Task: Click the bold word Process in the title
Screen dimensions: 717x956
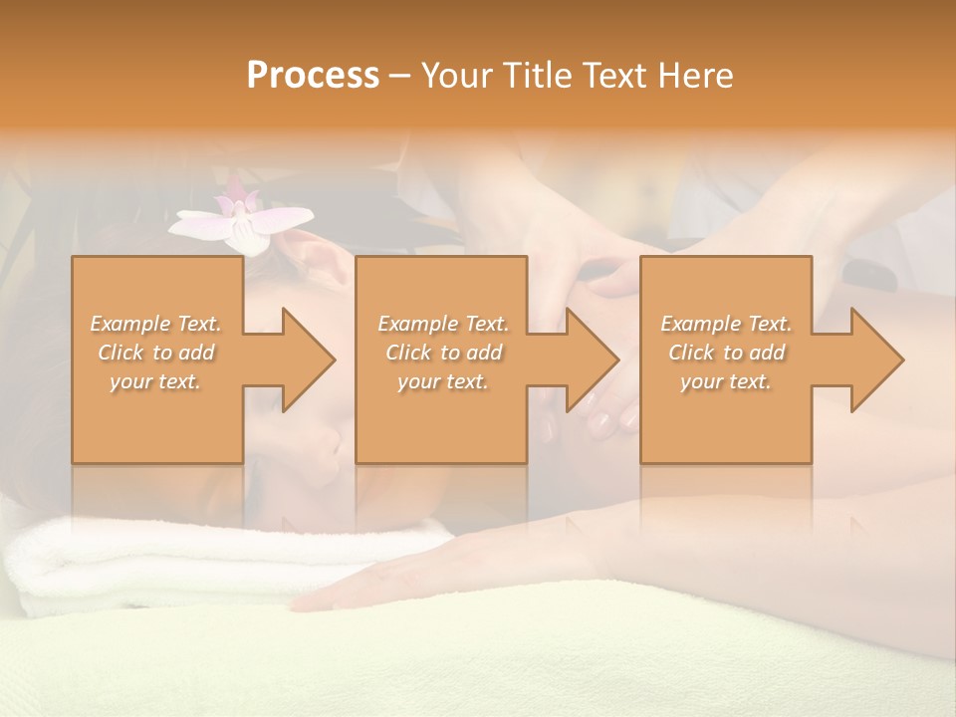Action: coord(313,76)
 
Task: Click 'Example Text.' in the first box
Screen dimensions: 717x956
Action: coord(155,324)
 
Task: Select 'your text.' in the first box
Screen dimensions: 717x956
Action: coord(155,381)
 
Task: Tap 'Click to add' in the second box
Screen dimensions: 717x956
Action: coord(443,353)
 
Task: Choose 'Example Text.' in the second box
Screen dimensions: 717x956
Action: coord(443,324)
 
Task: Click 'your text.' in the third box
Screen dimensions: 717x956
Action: coord(726,381)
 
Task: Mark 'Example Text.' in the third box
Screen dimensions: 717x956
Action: coord(726,324)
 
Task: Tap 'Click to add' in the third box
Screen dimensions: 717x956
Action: coord(726,353)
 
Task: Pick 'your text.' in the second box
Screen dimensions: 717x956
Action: coord(443,381)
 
